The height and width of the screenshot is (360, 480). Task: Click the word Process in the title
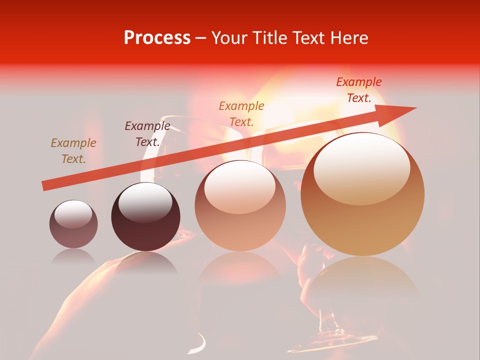click(157, 38)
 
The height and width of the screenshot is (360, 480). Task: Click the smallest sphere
click(73, 224)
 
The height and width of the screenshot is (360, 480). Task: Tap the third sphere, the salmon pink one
click(240, 205)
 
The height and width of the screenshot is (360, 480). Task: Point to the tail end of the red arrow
click(44, 186)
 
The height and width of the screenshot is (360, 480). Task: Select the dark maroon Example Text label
click(147, 133)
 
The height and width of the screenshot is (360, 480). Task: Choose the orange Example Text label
click(241, 113)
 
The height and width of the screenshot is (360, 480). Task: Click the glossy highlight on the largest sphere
click(361, 168)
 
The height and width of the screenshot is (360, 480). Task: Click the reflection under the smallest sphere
click(73, 256)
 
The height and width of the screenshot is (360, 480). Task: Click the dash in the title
click(201, 38)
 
